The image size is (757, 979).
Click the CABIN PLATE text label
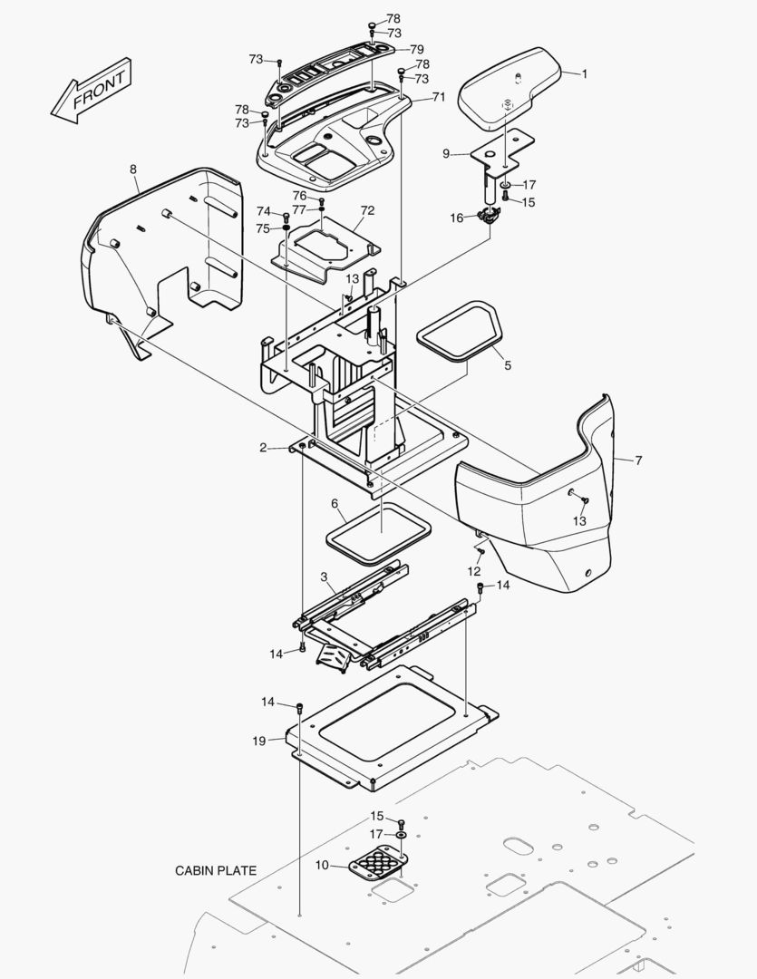(x=216, y=871)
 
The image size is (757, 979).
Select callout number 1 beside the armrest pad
(x=585, y=74)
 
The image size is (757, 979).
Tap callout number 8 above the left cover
(x=133, y=170)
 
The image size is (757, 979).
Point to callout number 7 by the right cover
(x=638, y=460)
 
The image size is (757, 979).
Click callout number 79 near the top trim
(x=416, y=49)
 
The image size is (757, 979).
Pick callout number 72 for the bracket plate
(x=367, y=210)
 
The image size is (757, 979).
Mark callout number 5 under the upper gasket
(x=508, y=365)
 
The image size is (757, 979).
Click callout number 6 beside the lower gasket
(x=334, y=503)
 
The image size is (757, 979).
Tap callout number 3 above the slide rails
(x=324, y=577)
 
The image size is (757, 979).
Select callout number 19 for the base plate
(x=259, y=741)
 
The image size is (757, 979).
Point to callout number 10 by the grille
(x=322, y=865)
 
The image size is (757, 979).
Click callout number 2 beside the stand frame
(x=263, y=448)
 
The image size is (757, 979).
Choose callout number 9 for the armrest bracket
(x=446, y=154)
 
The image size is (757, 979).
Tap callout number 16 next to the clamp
(x=457, y=218)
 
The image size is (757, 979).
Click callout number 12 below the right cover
(x=474, y=571)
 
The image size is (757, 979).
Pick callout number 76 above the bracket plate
(x=299, y=196)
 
